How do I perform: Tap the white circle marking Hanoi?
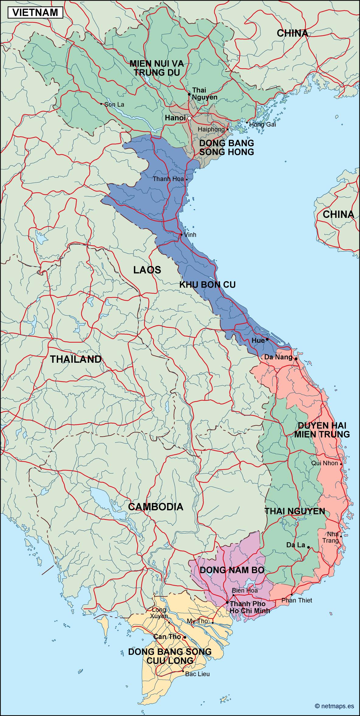[189, 118]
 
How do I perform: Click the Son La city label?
[114, 104]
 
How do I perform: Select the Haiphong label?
[211, 129]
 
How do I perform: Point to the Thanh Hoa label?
[168, 179]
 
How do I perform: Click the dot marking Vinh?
[181, 235]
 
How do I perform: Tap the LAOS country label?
[147, 270]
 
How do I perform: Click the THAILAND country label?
[75, 359]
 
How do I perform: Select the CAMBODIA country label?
[156, 506]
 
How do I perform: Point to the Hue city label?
[258, 341]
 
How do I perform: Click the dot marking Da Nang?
[296, 358]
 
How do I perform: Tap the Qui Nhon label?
[325, 463]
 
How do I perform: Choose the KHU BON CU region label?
[207, 285]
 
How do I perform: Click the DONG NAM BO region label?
[232, 570]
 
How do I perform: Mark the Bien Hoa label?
[245, 590]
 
